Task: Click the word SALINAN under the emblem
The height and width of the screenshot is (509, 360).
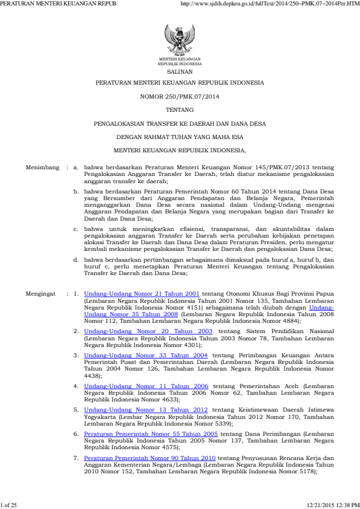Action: pyautogui.click(x=180, y=70)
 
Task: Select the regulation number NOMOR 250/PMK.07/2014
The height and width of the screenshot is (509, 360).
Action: pyautogui.click(x=180, y=96)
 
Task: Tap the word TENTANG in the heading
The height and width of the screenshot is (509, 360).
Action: pyautogui.click(x=180, y=109)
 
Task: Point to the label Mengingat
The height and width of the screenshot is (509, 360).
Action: pyautogui.click(x=42, y=293)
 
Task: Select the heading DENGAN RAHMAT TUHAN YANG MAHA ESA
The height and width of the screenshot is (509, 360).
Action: pyautogui.click(x=180, y=136)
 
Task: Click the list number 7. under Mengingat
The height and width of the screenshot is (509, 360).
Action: pyautogui.click(x=76, y=458)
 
